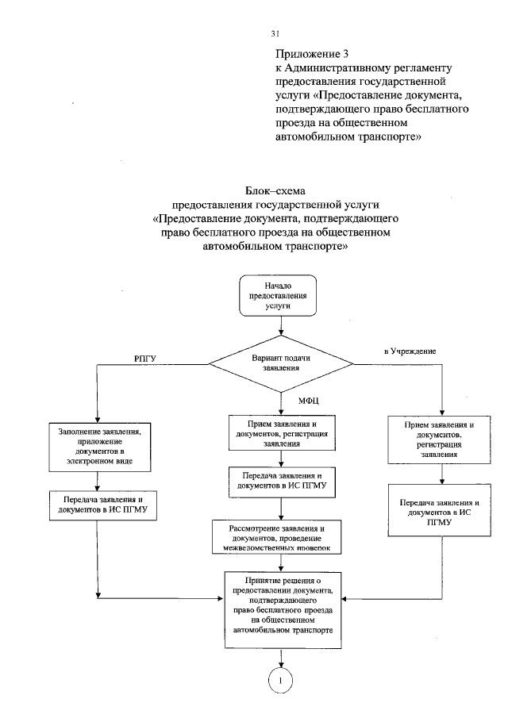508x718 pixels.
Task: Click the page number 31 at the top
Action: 275,33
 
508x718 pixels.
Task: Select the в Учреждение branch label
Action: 410,350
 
